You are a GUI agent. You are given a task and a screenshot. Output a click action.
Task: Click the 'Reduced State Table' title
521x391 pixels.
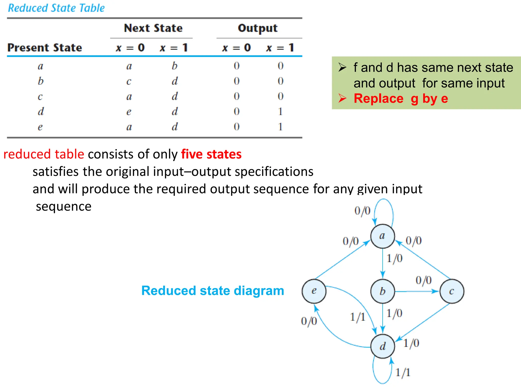[56, 8]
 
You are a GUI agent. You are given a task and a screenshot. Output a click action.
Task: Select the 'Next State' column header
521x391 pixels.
[153, 28]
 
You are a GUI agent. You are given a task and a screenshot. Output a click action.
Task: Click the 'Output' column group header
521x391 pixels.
[257, 28]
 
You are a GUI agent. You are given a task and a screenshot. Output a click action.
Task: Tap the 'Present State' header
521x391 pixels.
[45, 48]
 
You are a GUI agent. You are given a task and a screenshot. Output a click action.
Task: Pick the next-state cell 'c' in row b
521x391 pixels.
[129, 81]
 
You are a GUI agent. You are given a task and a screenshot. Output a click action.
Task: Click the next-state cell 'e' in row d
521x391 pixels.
[129, 111]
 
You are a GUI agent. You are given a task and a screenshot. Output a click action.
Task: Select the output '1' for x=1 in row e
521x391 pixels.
[280, 127]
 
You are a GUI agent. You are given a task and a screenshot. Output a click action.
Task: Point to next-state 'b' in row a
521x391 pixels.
[174, 66]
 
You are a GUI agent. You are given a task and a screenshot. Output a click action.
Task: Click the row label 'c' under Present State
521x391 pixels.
[40, 96]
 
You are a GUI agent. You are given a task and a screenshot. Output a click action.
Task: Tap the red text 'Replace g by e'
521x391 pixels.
[401, 99]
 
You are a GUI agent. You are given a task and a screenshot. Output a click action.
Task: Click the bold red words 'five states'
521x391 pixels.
[211, 154]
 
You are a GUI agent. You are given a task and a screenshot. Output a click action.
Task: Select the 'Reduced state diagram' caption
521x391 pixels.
[213, 290]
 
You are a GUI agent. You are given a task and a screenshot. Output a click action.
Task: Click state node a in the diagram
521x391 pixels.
[382, 236]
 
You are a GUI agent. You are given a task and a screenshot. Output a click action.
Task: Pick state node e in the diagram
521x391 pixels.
[314, 291]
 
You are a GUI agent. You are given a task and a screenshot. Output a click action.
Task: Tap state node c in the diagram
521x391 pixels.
[452, 291]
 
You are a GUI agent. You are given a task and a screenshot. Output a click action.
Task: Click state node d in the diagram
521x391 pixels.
[383, 346]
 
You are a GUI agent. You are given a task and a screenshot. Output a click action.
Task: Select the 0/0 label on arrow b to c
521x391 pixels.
[424, 280]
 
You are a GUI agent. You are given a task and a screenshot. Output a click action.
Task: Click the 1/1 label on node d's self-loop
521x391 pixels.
[403, 372]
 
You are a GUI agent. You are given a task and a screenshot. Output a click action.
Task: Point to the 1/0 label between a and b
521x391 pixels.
[395, 258]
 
